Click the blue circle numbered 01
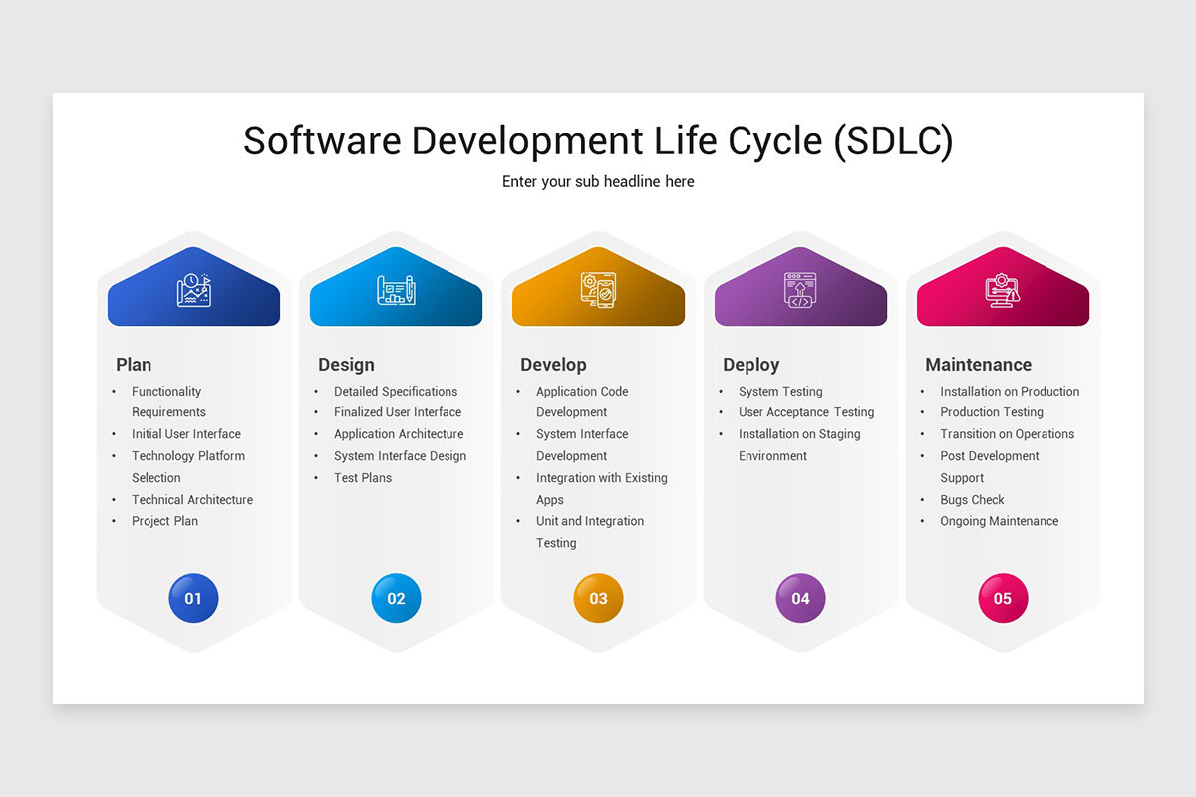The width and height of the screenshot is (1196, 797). [x=193, y=598]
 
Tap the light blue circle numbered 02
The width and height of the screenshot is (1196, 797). [x=396, y=598]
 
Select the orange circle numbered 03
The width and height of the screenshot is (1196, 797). [x=598, y=598]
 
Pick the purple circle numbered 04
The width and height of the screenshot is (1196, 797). [x=800, y=598]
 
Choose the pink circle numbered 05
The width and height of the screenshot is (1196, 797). [x=1003, y=598]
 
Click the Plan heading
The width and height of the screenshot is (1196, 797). [x=134, y=365]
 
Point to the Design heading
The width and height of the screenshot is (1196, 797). [x=346, y=365]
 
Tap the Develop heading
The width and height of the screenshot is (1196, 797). [x=553, y=365]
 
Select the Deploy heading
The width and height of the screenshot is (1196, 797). [x=750, y=365]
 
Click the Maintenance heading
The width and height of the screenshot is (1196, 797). [x=978, y=365]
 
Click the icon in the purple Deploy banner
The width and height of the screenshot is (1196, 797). [x=800, y=290]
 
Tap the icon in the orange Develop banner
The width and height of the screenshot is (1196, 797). [x=598, y=290]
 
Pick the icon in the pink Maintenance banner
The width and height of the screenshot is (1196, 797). [x=1003, y=290]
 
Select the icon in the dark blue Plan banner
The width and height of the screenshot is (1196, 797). [x=193, y=290]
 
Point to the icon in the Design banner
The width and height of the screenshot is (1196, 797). [x=396, y=290]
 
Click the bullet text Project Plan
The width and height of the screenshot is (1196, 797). [x=164, y=521]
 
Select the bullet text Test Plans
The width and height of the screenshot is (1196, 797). [x=363, y=478]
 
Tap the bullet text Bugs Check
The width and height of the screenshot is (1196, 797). [x=972, y=500]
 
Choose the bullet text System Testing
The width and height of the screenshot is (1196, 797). [x=780, y=392]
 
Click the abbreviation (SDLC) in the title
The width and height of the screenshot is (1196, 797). [x=893, y=140]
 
